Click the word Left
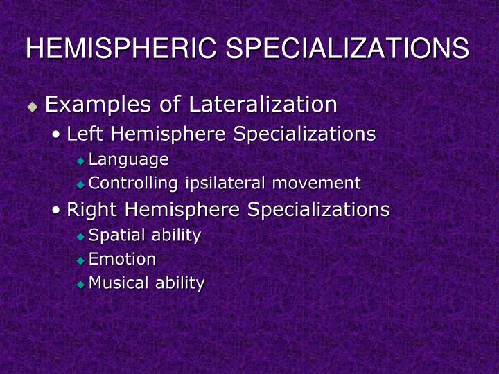point(84,134)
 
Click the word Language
point(129,160)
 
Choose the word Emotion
point(123,259)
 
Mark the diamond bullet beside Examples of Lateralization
point(32,107)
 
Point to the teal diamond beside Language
point(80,161)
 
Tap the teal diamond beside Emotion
point(80,260)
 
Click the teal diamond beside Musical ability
point(80,284)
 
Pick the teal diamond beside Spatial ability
point(80,237)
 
